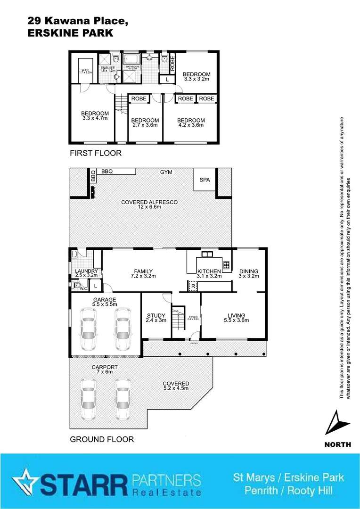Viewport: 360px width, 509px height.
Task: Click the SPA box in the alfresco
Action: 205,181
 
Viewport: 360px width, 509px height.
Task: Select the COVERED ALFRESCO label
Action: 149,202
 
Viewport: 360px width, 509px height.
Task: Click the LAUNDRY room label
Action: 86,271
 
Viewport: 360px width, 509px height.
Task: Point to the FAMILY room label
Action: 143,271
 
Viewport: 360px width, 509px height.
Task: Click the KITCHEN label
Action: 209,271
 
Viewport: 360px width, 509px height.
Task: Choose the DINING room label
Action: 249,271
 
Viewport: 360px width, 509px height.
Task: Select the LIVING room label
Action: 236,316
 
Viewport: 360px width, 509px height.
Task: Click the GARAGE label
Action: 105,299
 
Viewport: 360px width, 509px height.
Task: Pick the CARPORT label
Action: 105,367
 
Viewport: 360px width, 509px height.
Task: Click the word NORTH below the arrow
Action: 338,444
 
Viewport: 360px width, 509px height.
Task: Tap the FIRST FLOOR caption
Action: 96,153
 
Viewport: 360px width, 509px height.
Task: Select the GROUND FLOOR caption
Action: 102,439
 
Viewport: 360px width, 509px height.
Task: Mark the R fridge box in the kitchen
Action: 193,286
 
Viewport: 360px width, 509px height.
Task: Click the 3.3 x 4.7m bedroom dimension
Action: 95,118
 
